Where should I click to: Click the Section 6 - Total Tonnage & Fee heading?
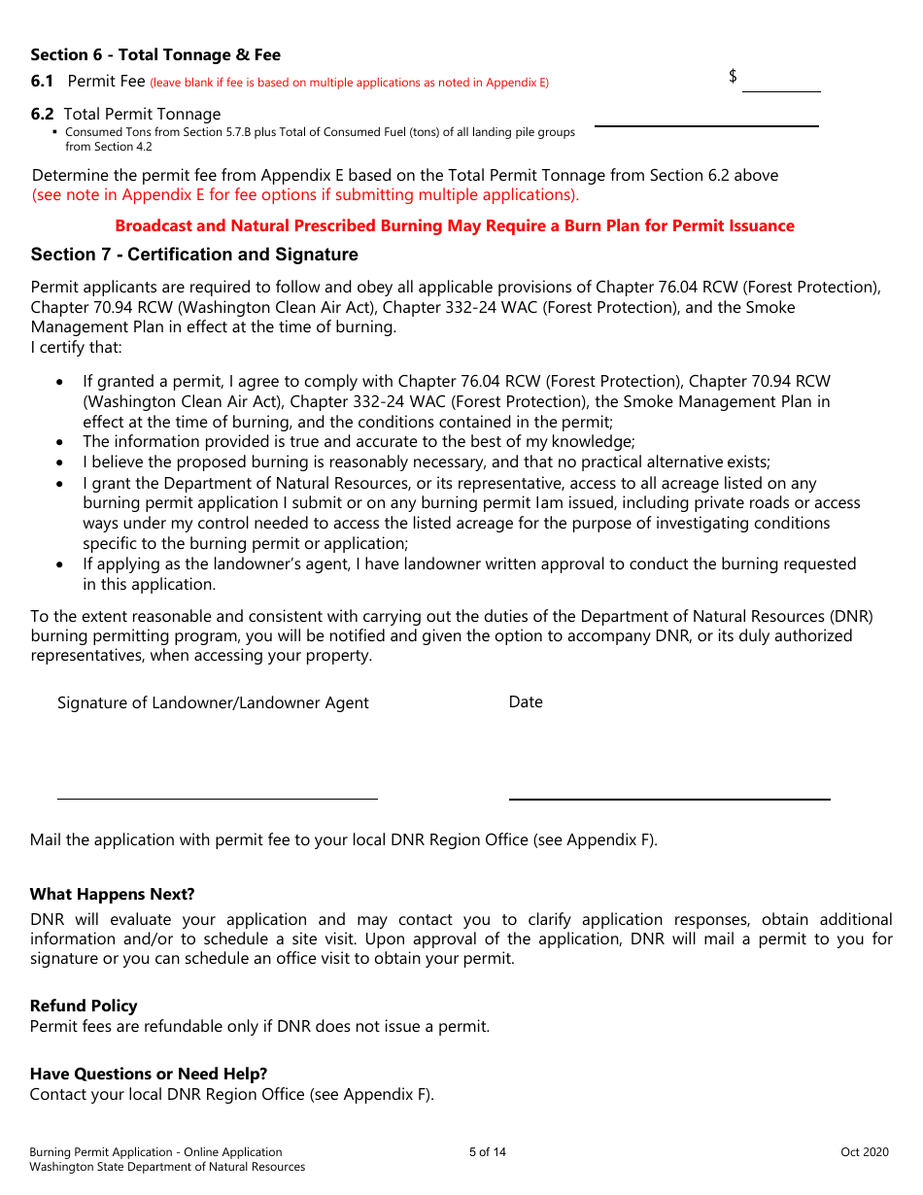pos(155,55)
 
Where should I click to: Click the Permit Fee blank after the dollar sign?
pos(781,81)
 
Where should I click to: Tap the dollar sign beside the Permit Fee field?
pos(733,76)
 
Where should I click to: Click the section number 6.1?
pos(42,82)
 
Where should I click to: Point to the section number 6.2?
pos(42,114)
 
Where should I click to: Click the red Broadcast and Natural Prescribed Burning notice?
pos(455,225)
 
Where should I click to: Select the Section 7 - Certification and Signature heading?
pos(194,255)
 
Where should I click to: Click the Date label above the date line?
pos(526,701)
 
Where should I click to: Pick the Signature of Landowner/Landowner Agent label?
pos(213,702)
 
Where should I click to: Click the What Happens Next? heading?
pos(112,894)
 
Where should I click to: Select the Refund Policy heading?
pos(84,1006)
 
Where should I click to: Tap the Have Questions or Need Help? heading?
pos(149,1074)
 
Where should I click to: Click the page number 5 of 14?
pos(488,1152)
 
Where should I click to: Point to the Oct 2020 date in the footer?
pos(865,1152)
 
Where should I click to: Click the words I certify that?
pos(77,348)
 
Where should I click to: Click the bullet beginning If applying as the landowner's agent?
pos(469,574)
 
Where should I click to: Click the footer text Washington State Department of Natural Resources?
pos(167,1167)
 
